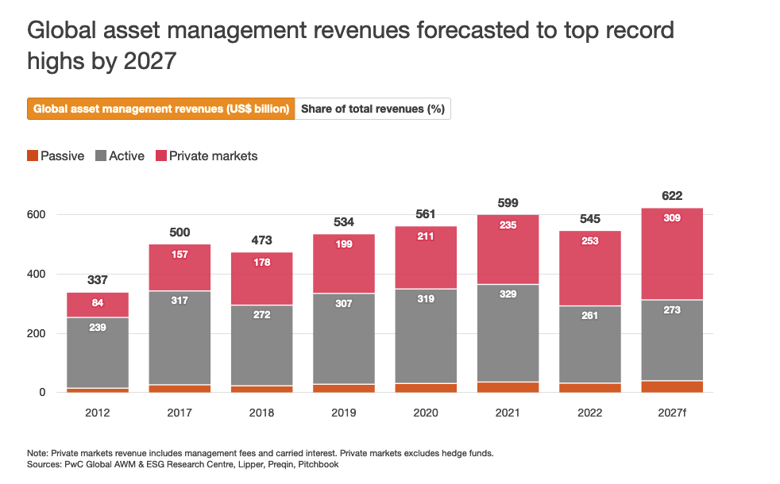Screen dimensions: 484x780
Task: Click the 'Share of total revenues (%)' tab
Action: (x=373, y=109)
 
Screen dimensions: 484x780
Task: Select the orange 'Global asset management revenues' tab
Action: (x=161, y=109)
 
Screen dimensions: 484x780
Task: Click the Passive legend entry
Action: (x=56, y=156)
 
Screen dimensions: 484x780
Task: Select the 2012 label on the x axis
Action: (x=98, y=413)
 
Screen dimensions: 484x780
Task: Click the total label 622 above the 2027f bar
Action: (x=671, y=196)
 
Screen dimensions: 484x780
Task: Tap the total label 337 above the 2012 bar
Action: (x=98, y=280)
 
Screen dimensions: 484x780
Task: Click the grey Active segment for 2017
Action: (x=180, y=333)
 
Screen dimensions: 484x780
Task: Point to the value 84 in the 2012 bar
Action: (x=98, y=302)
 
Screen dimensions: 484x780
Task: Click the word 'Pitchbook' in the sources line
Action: (x=318, y=464)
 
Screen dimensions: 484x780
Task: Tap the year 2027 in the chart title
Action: (x=149, y=61)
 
